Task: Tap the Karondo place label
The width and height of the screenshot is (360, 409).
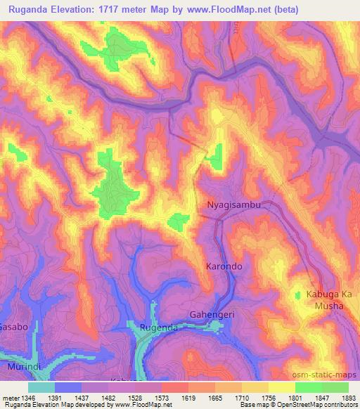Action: pyautogui.click(x=224, y=267)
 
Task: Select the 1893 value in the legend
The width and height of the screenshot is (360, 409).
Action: pyautogui.click(x=345, y=397)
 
